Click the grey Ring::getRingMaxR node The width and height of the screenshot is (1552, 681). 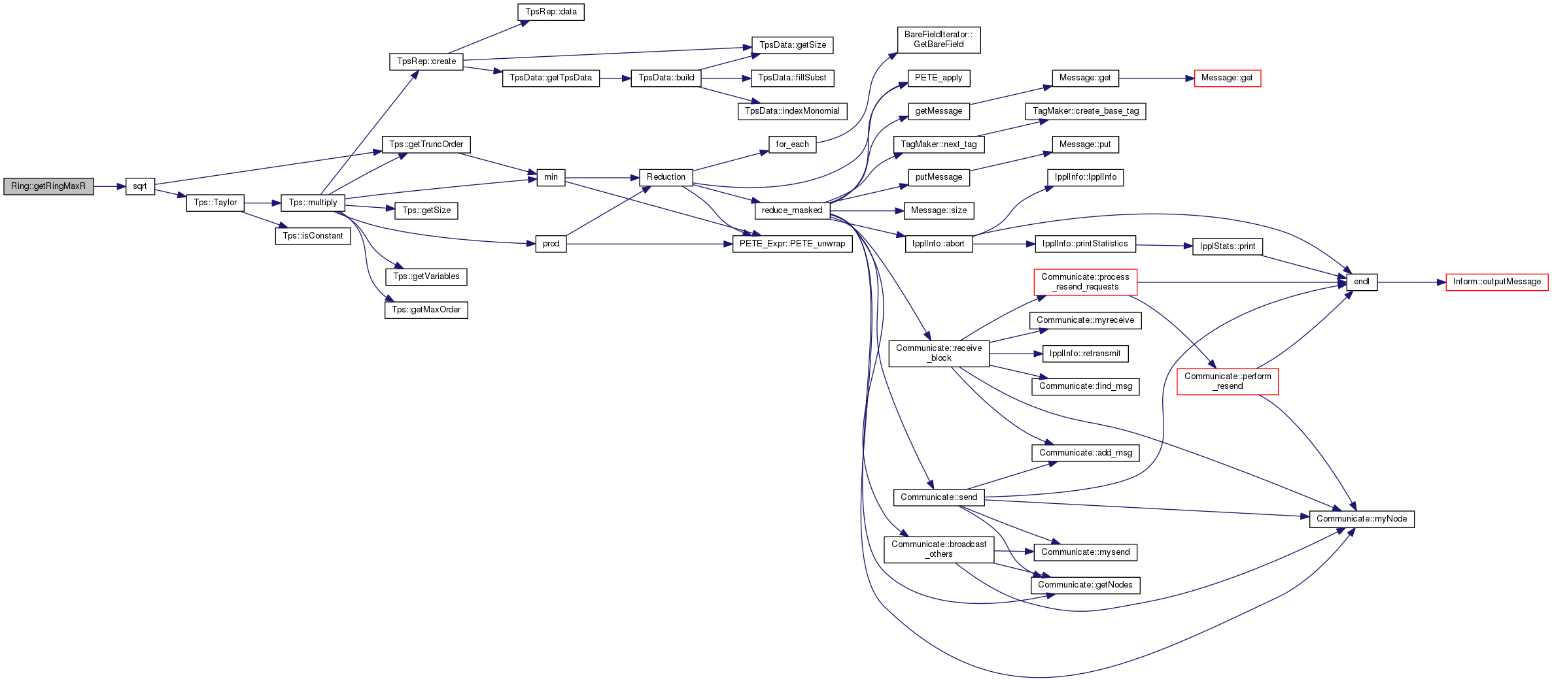click(48, 186)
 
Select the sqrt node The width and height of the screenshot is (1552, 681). click(140, 186)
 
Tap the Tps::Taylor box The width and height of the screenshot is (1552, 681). click(215, 203)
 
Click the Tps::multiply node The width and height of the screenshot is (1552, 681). click(313, 203)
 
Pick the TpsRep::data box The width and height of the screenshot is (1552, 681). click(551, 12)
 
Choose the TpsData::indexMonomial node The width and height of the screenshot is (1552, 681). click(792, 111)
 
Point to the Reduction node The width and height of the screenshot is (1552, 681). click(666, 177)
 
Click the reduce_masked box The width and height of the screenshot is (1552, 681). click(792, 210)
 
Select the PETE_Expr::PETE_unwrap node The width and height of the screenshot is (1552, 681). click(792, 244)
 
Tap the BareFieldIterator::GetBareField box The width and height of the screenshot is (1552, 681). click(939, 39)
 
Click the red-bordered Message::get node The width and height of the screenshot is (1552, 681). click(1227, 78)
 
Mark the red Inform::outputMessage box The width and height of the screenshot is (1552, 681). click(1496, 282)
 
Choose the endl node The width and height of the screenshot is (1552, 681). click(1362, 282)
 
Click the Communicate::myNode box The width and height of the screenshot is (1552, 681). click(1362, 519)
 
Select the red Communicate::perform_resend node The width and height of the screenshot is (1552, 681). click(1227, 381)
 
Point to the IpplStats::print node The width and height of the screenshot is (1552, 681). click(1228, 246)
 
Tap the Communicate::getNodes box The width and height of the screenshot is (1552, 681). click(1085, 585)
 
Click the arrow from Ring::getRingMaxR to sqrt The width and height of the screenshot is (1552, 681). click(109, 186)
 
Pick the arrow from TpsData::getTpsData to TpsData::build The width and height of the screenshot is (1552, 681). click(615, 78)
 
